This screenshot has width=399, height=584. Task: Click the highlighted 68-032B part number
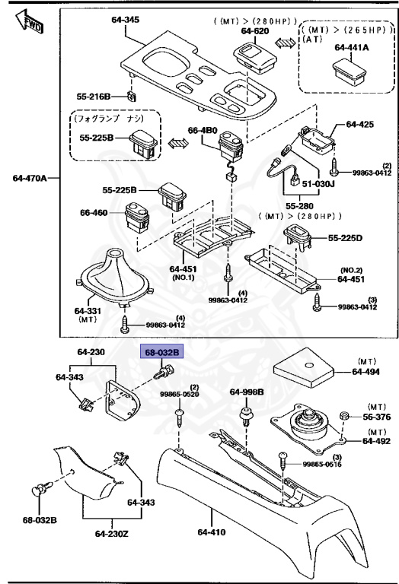(x=161, y=352)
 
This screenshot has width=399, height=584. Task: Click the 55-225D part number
(x=346, y=239)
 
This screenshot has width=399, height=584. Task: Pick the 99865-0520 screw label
(x=179, y=395)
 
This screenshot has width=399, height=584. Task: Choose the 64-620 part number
(x=257, y=31)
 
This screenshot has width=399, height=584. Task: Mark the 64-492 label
(x=375, y=440)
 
